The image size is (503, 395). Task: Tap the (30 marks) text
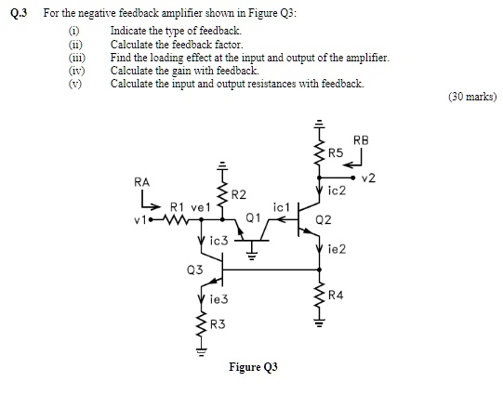pos(471,97)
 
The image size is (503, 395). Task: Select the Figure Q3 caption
pos(253,367)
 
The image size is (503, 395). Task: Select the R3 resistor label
pos(218,324)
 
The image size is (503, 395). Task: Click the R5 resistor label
pos(336,152)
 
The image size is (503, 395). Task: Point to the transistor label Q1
pos(252,218)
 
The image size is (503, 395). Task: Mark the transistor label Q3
pos(194,270)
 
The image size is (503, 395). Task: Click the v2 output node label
pos(368,178)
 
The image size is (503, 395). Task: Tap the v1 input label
pos(139,220)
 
